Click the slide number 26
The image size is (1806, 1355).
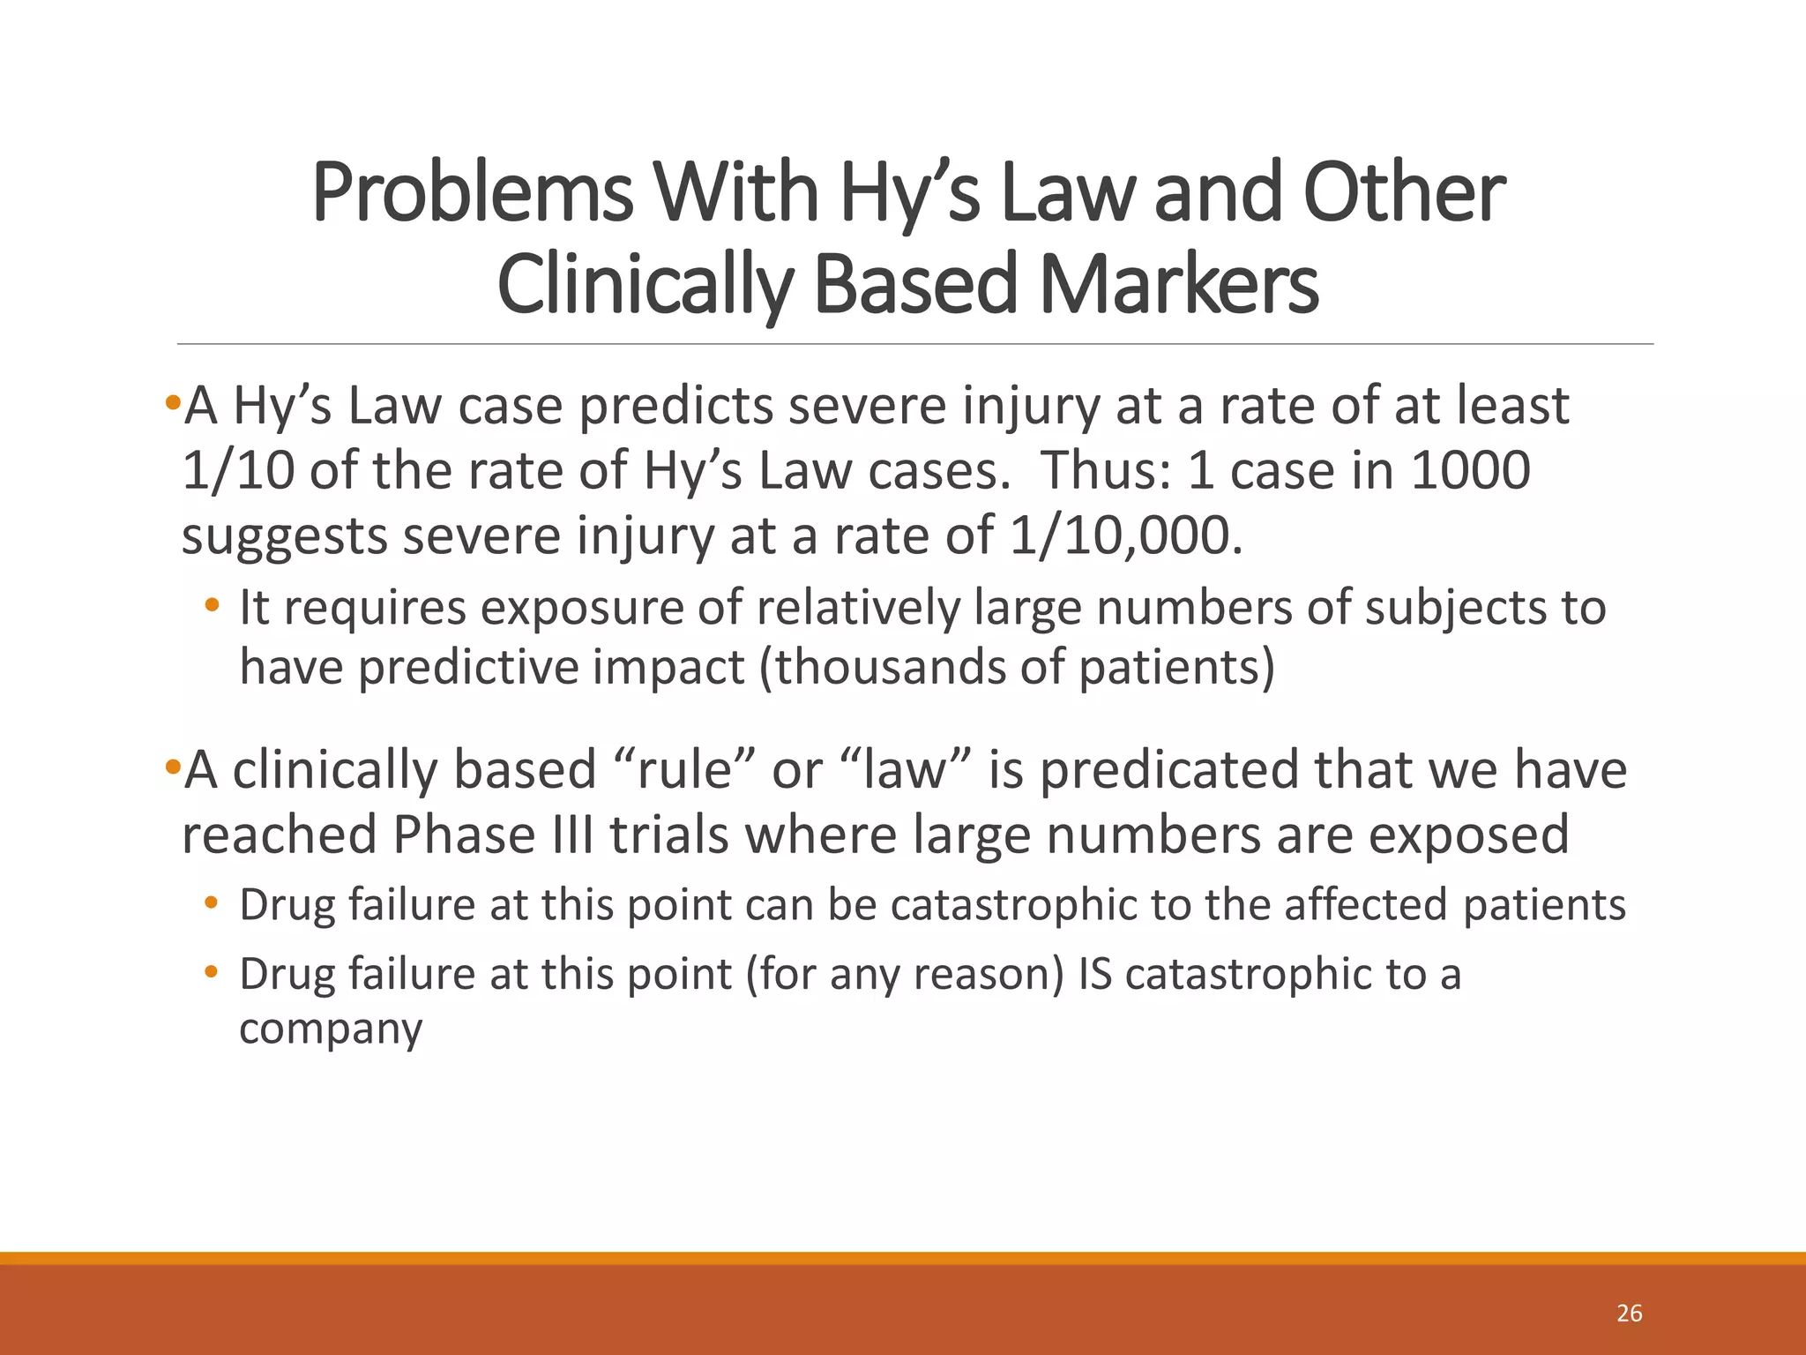(1629, 1314)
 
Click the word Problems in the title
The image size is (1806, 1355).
(472, 193)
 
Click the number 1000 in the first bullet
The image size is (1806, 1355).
(1470, 470)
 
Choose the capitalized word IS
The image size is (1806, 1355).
(1095, 975)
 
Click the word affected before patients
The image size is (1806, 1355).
(1365, 905)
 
